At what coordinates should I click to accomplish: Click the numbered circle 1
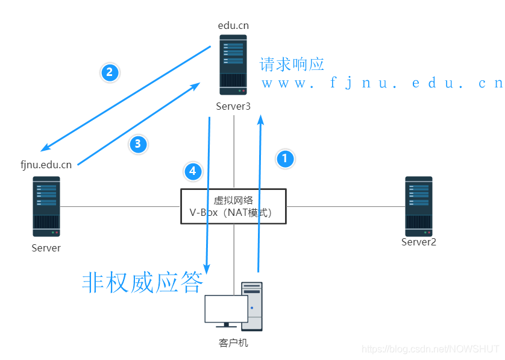285,159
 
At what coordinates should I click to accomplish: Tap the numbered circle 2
109,72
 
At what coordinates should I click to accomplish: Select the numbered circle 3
137,144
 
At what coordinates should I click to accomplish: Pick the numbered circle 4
192,171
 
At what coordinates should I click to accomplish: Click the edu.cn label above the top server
233,25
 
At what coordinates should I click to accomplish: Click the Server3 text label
233,106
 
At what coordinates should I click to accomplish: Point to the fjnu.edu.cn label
46,165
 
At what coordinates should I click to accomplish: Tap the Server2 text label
419,242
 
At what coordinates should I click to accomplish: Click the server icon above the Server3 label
233,65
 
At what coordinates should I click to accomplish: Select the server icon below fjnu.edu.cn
46,206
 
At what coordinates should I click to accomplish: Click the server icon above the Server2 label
419,206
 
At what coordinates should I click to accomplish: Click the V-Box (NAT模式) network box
233,206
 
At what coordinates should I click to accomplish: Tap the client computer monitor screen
226,309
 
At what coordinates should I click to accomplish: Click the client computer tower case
252,306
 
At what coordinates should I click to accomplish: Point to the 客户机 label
233,343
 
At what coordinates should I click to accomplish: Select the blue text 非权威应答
142,282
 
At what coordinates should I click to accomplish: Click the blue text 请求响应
292,64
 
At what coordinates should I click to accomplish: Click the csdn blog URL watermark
429,349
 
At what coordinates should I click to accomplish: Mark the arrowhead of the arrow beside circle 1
261,119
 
